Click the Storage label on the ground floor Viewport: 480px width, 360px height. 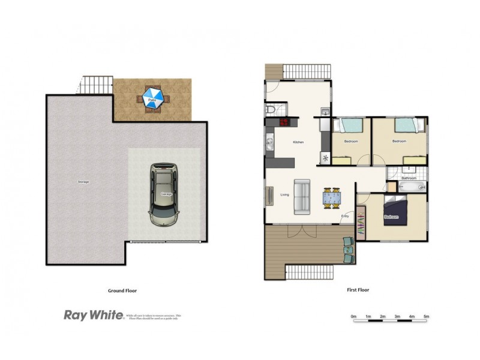click(x=83, y=181)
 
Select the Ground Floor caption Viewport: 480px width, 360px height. click(x=122, y=290)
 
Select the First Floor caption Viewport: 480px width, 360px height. click(x=358, y=290)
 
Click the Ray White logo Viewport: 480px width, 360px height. click(x=93, y=314)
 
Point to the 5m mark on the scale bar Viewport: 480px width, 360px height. click(x=427, y=316)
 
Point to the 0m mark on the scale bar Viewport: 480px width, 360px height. click(x=354, y=316)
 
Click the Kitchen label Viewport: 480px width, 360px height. click(x=298, y=142)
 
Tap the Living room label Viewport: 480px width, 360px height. click(x=284, y=194)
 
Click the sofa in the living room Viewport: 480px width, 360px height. click(x=302, y=196)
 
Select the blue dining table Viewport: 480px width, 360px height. click(x=331, y=196)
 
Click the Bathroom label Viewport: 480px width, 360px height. click(x=409, y=178)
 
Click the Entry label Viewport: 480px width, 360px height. click(x=345, y=216)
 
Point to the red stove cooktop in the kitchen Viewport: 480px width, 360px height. click(x=283, y=124)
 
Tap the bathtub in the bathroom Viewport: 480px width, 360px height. click(x=412, y=187)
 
